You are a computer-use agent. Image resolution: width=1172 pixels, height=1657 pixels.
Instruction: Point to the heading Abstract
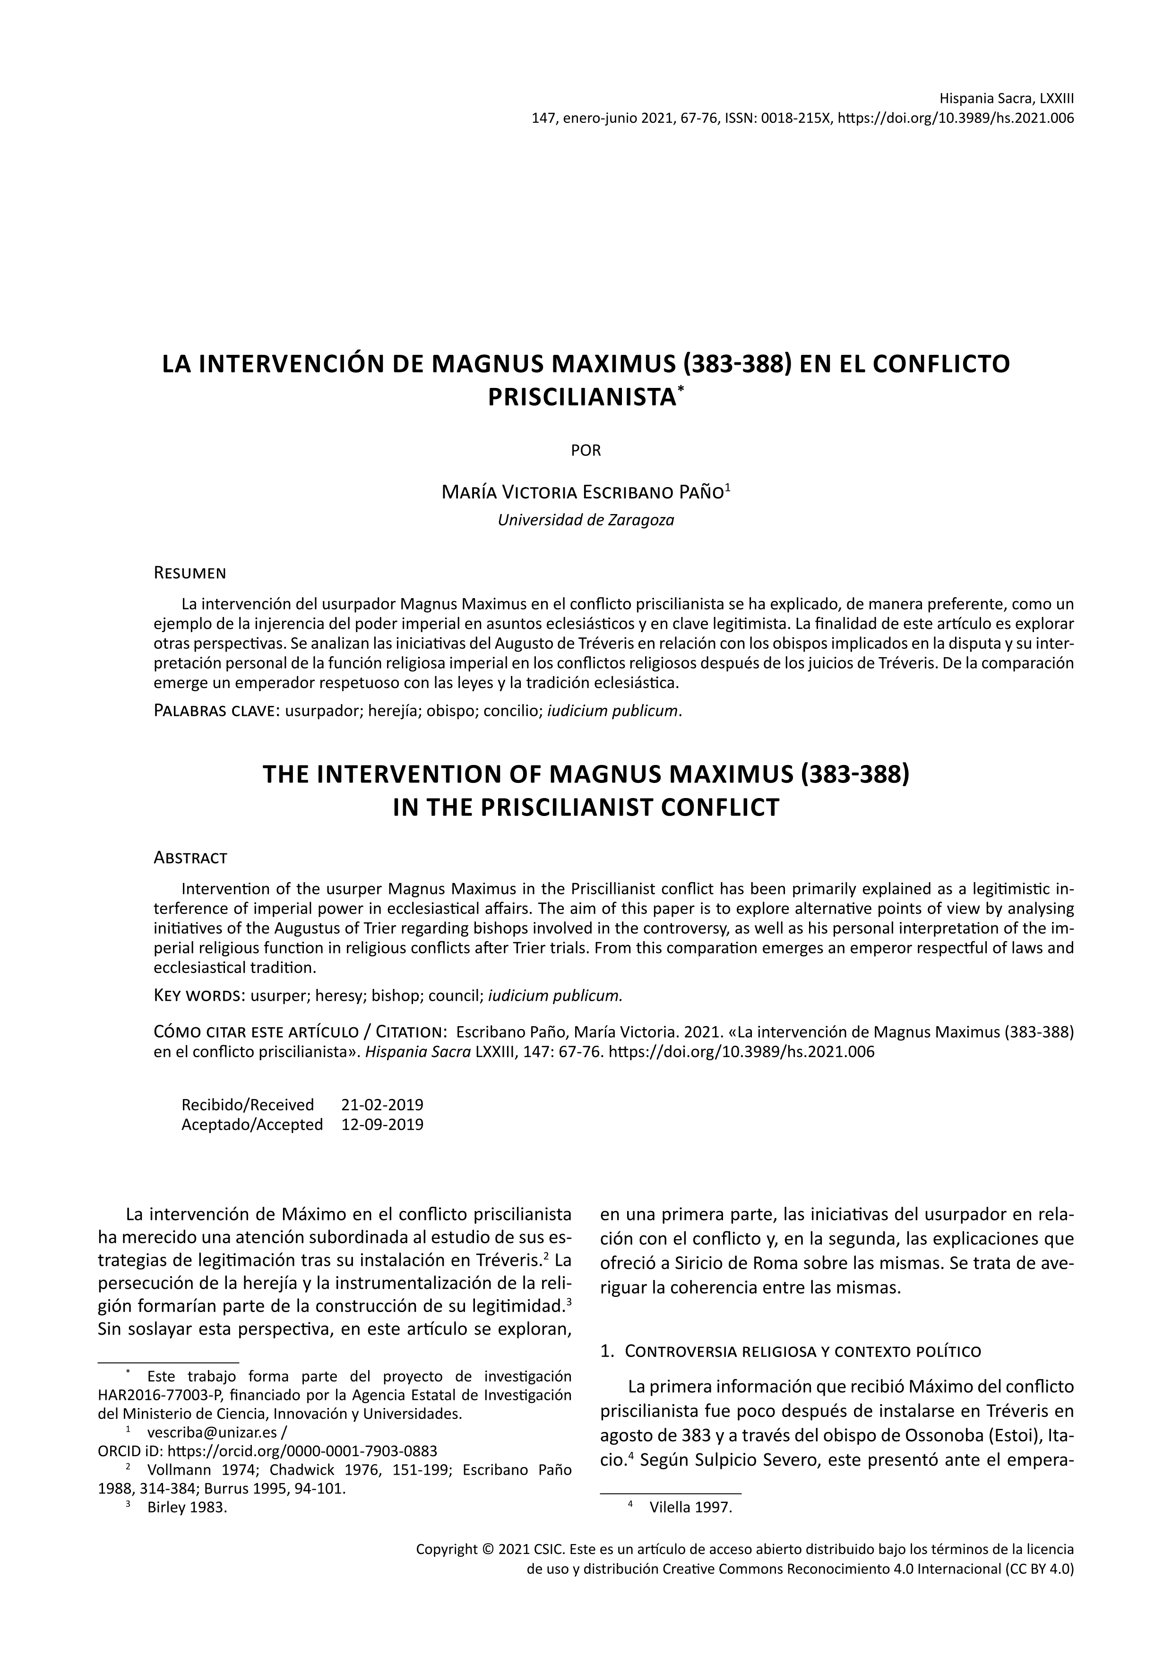coord(190,858)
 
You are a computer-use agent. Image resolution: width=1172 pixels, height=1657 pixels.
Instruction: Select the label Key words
coord(200,996)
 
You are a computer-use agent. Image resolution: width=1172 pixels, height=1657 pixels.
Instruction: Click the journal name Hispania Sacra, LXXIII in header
coord(1007,98)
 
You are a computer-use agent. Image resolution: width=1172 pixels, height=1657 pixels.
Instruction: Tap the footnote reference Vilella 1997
coord(690,1507)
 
